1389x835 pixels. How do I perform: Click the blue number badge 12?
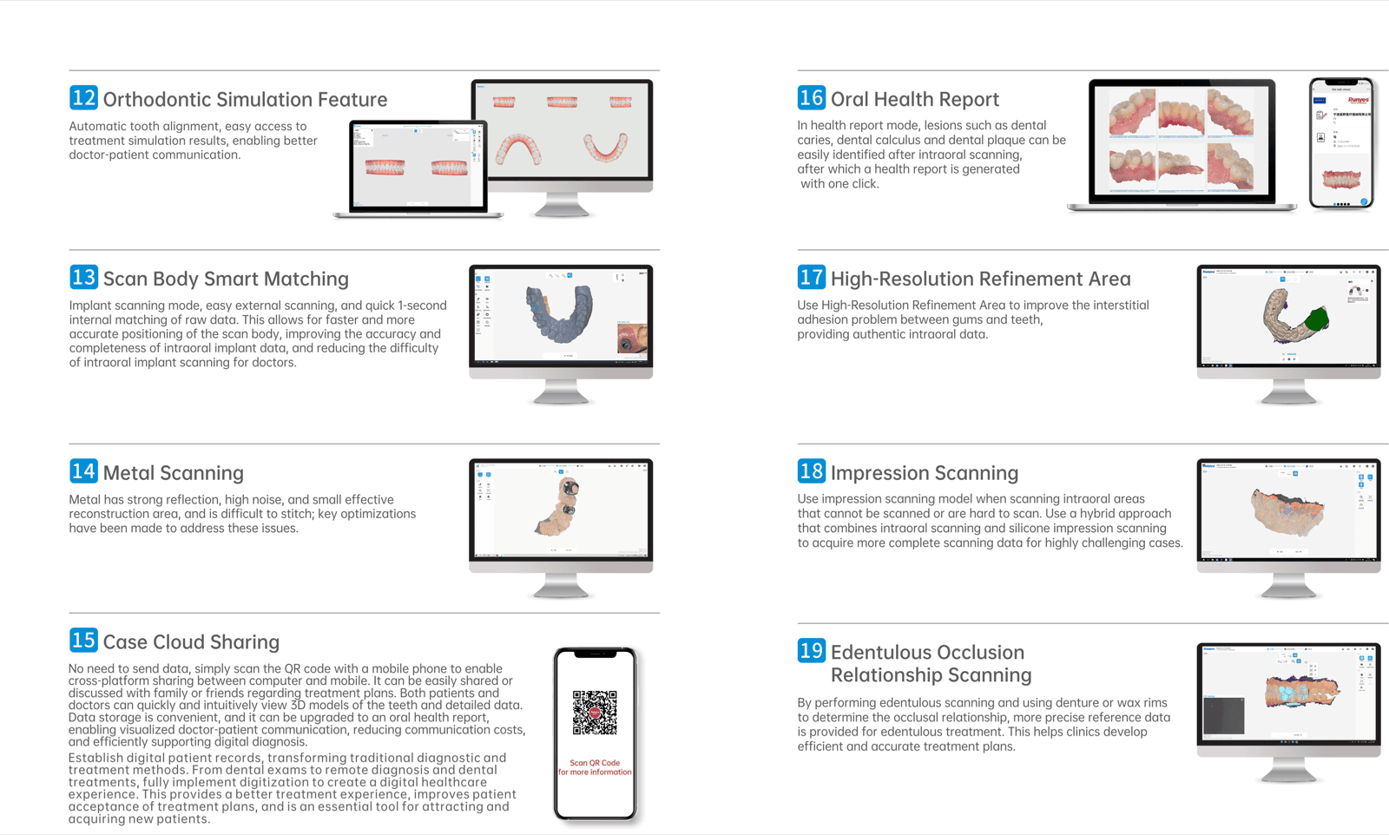tap(83, 98)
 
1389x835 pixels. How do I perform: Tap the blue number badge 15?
tap(83, 641)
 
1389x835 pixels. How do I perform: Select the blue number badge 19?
tap(811, 650)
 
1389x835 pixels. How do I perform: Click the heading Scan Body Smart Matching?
tap(226, 279)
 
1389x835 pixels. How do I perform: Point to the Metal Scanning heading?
tap(173, 473)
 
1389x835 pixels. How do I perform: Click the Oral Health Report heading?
tap(914, 99)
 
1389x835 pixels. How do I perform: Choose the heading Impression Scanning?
tap(924, 473)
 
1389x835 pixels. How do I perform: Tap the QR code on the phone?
tap(595, 712)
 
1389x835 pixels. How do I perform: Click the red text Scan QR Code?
tap(595, 763)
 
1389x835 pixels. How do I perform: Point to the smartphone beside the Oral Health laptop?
tap(1341, 143)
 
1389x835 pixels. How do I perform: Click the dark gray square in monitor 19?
tap(1224, 715)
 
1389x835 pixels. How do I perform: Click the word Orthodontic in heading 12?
tap(157, 100)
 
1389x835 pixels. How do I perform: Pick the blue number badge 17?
tap(811, 278)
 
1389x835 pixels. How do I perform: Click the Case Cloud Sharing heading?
tap(191, 642)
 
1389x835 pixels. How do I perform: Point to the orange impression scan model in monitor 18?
tap(1287, 512)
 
